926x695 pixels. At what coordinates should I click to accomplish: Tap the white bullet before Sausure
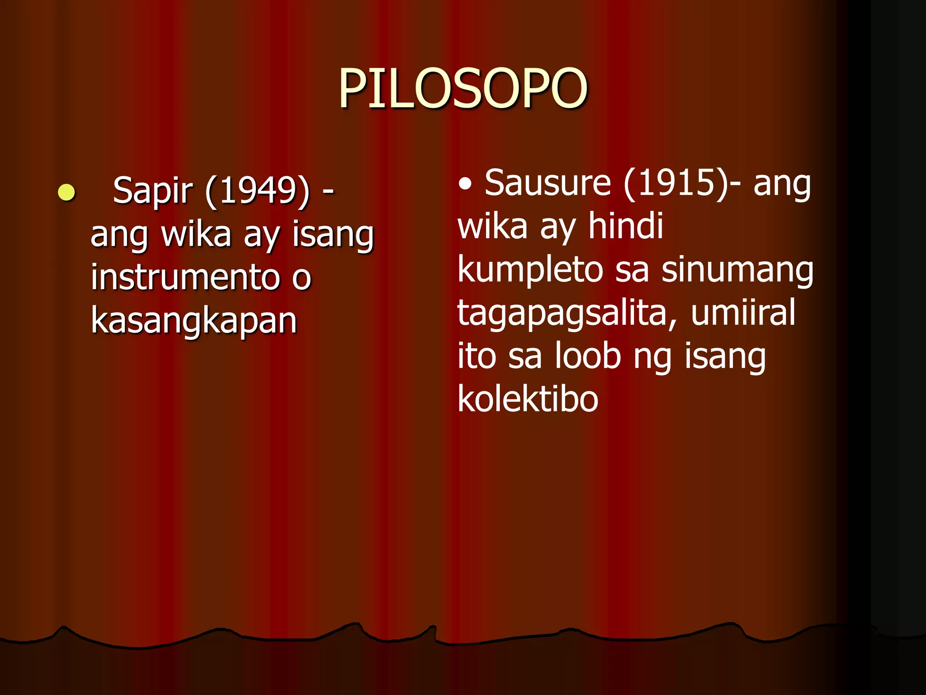pos(465,184)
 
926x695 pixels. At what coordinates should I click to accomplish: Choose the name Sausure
pos(548,183)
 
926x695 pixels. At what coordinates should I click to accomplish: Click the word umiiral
pos(743,312)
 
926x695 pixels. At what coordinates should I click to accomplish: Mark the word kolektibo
pos(528,399)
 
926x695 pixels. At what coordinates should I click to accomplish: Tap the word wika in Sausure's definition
pos(492,226)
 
